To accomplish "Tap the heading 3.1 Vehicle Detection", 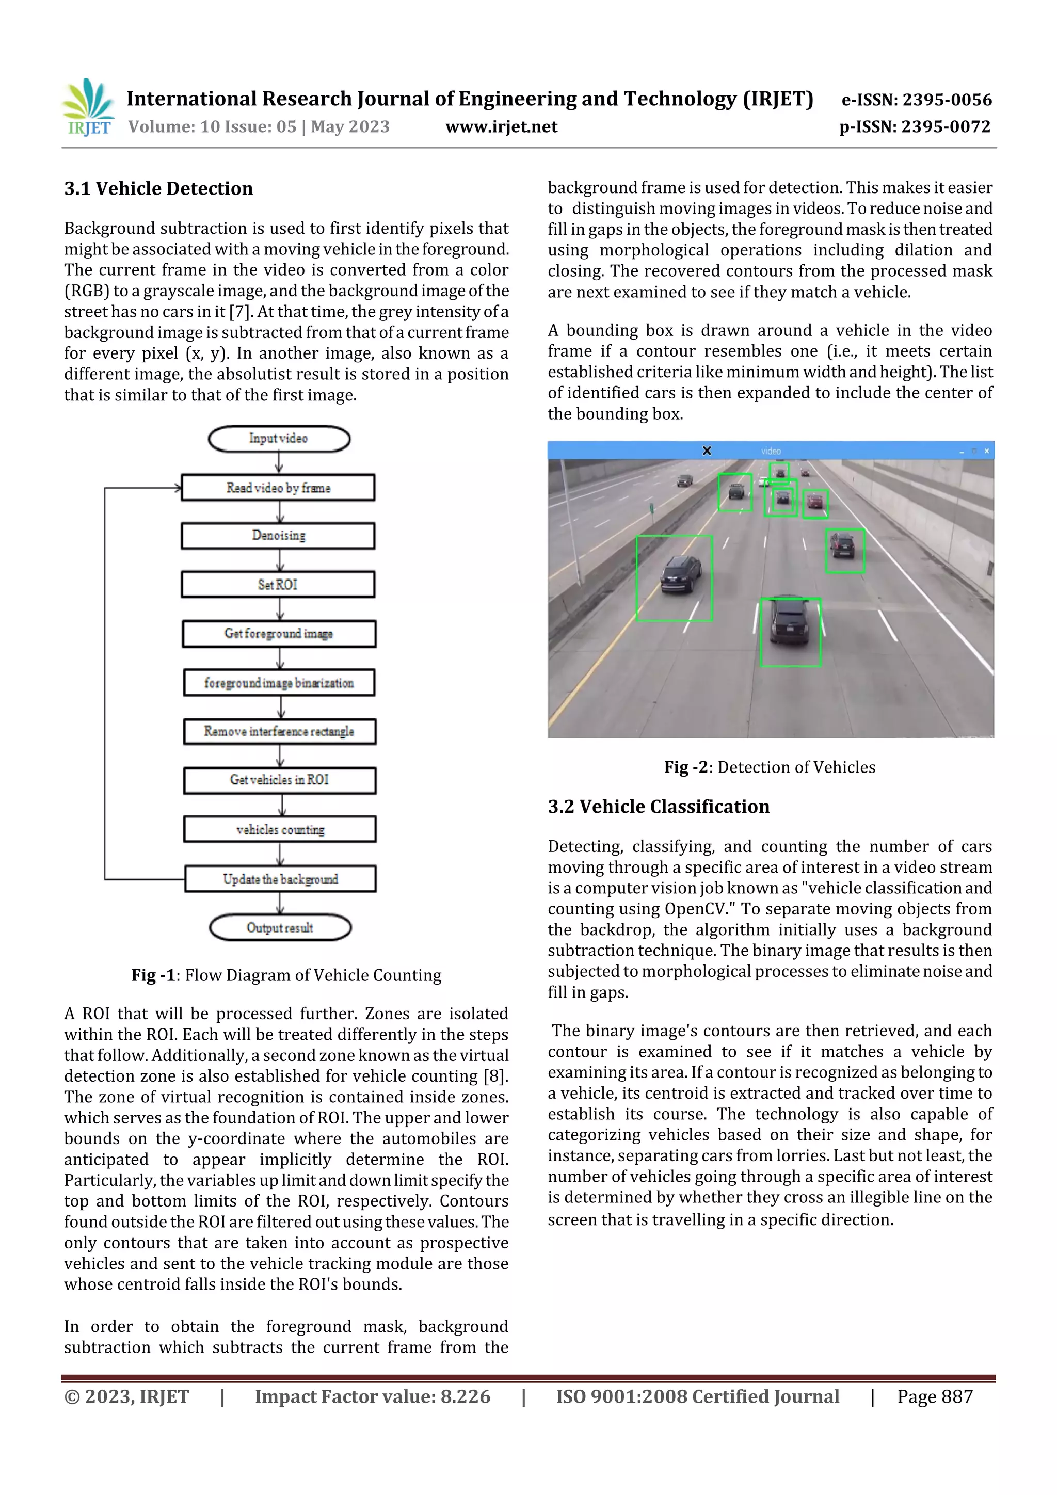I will (x=158, y=189).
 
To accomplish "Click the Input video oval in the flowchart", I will (x=279, y=439).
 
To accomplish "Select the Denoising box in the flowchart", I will (x=278, y=536).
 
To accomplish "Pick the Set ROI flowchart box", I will (x=278, y=585).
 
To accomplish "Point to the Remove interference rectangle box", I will (x=279, y=732).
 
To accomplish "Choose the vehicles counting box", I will (x=280, y=829).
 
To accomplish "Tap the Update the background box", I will (x=280, y=879).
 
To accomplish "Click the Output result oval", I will (x=280, y=928).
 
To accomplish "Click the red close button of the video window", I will (x=987, y=451).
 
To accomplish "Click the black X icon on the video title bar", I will (x=707, y=451).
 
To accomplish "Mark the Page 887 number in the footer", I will (x=935, y=1396).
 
